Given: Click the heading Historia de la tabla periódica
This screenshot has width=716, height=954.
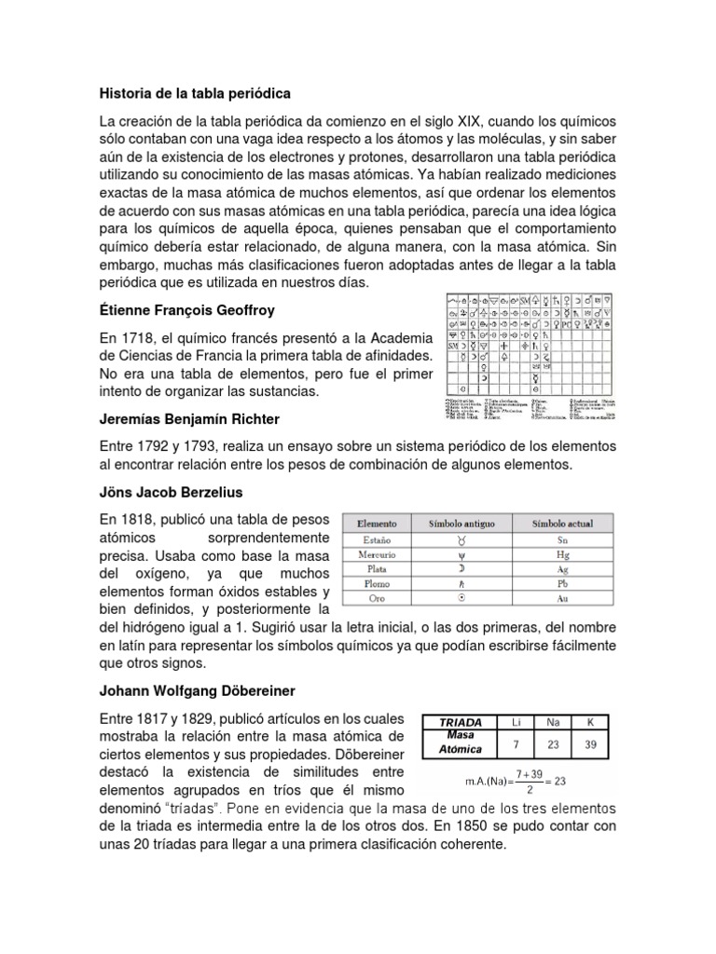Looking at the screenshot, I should pos(195,94).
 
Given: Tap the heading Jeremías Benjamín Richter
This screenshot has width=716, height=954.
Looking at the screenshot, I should pos(189,419).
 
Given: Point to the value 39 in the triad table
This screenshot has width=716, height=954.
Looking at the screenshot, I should pos(589,743).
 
